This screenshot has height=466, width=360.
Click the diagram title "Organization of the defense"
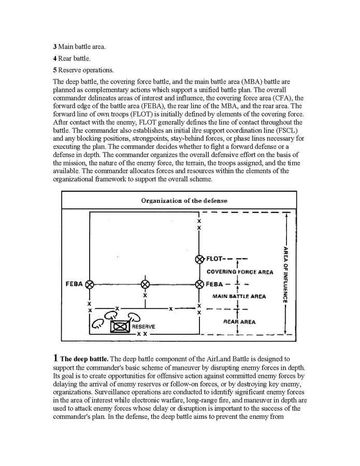(184, 201)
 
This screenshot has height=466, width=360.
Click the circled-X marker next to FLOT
(200, 259)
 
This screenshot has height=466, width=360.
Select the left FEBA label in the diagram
(75, 284)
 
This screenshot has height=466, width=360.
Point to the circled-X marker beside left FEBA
(90, 284)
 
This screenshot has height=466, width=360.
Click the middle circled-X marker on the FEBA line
(145, 284)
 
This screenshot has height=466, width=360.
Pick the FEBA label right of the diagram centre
(214, 284)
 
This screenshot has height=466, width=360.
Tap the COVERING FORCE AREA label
(240, 272)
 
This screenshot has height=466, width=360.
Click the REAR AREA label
(239, 322)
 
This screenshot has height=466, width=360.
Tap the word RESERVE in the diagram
(143, 327)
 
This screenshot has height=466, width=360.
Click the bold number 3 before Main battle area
(55, 47)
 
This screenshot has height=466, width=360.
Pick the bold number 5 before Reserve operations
(55, 70)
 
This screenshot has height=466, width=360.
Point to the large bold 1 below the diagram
(55, 358)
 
